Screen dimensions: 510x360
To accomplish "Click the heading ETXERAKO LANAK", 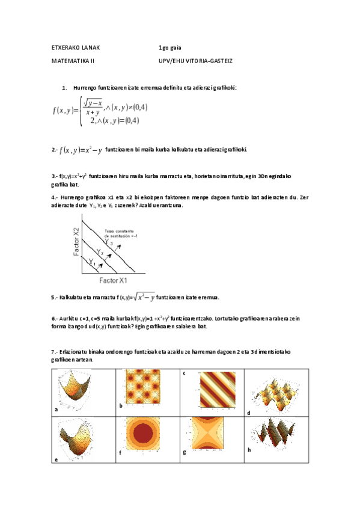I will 76,47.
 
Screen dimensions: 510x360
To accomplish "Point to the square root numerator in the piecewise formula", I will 93,103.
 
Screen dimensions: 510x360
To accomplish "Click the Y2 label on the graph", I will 101,253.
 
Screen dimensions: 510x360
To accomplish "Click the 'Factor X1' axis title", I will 113,280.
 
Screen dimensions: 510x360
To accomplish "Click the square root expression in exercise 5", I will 144,296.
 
